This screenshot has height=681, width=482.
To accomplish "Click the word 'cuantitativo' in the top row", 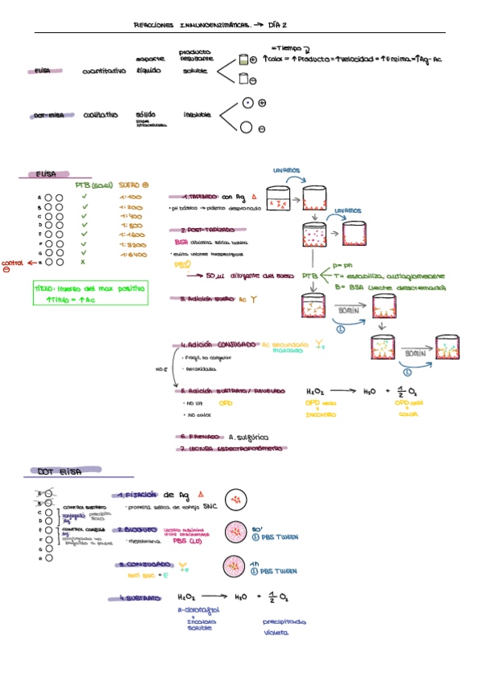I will click(104, 71).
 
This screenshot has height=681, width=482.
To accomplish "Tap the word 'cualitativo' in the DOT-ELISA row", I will click(98, 115).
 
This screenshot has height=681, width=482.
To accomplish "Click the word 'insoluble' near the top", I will click(198, 115).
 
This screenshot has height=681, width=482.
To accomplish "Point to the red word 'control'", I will click(12, 263).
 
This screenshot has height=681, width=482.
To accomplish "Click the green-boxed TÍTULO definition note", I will click(91, 293).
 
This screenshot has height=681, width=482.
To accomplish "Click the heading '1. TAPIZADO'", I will click(196, 196).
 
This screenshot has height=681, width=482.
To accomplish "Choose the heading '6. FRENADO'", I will click(199, 437).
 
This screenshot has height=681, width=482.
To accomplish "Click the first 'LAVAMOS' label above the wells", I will click(287, 170).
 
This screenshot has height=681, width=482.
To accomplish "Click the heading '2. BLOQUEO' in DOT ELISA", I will click(140, 530).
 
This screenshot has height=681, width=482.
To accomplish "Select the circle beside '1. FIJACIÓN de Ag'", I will click(237, 500).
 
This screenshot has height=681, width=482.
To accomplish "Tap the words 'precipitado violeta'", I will click(284, 626).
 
